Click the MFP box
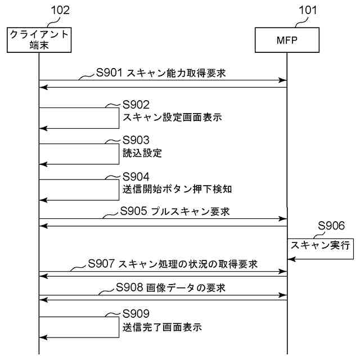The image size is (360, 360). click(x=287, y=39)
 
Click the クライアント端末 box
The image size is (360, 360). click(x=39, y=39)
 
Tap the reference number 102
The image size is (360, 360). click(x=60, y=10)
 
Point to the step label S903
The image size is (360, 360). click(x=137, y=140)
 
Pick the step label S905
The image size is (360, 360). click(x=134, y=211)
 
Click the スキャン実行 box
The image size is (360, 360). click(x=320, y=245)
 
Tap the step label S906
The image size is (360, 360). click(x=331, y=226)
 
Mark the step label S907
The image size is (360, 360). click(x=102, y=263)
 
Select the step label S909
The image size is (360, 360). click(x=137, y=314)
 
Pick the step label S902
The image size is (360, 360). click(x=137, y=105)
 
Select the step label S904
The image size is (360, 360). click(x=137, y=176)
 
